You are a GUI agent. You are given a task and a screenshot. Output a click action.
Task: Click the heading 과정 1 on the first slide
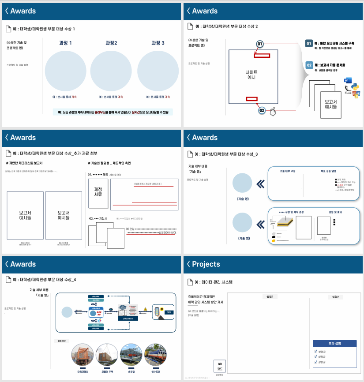65,43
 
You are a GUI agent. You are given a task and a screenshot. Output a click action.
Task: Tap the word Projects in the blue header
206,264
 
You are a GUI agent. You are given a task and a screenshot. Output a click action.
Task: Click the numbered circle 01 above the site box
260,45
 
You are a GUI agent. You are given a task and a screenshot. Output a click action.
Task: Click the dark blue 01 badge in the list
309,44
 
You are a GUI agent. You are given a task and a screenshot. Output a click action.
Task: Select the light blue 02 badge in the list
309,65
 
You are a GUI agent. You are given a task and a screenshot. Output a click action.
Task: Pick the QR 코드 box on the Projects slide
220,366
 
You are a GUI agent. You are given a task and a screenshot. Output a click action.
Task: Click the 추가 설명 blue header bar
334,343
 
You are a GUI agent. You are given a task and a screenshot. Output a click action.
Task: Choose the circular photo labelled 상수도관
155,355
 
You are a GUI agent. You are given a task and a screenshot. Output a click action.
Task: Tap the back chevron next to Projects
188,264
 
